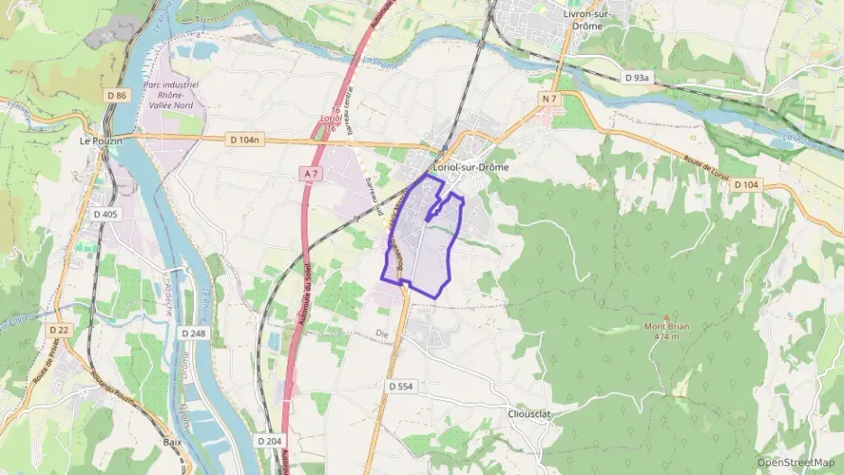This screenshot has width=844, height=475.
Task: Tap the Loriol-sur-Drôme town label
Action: pyautogui.click(x=471, y=167)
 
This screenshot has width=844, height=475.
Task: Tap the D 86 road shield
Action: pyautogui.click(x=116, y=95)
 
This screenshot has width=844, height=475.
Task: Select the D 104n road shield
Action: pyautogui.click(x=243, y=139)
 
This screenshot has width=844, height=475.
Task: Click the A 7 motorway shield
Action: pyautogui.click(x=312, y=173)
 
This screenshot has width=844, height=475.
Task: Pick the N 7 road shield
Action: pyautogui.click(x=550, y=96)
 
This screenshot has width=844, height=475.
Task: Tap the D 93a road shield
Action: pyautogui.click(x=637, y=78)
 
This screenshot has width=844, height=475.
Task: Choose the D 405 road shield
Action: pyautogui.click(x=105, y=214)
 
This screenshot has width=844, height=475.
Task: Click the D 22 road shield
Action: pyautogui.click(x=59, y=330)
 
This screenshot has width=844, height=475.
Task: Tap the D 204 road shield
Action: pyautogui.click(x=269, y=441)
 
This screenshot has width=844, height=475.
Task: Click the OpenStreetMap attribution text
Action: pyautogui.click(x=795, y=462)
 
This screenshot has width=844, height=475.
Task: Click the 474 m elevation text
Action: pyautogui.click(x=665, y=336)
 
